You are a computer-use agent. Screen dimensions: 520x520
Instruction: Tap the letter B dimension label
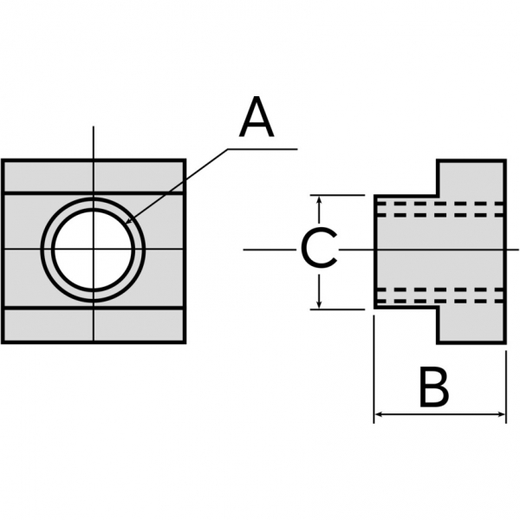[x=433, y=387]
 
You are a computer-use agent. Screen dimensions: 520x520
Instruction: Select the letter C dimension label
[x=318, y=250]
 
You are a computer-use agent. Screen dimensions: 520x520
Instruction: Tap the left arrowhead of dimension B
[x=379, y=416]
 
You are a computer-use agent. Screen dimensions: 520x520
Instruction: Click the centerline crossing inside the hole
[x=94, y=250]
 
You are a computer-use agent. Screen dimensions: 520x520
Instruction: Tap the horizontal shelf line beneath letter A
[x=260, y=148]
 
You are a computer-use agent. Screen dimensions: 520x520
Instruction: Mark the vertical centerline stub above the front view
[x=94, y=143]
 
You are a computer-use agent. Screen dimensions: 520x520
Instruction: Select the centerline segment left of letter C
[x=269, y=250]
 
